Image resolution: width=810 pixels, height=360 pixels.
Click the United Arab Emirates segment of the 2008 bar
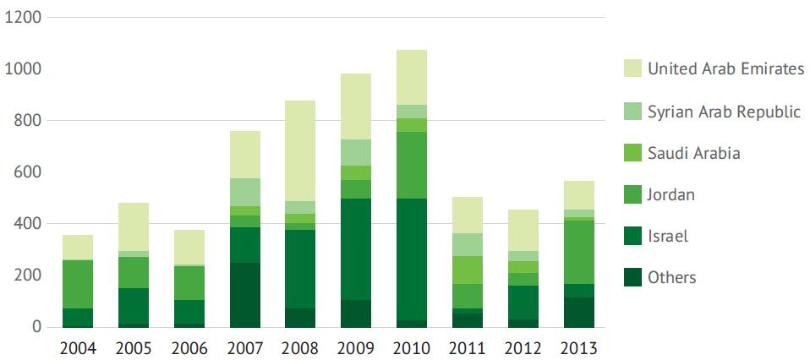tap(300, 150)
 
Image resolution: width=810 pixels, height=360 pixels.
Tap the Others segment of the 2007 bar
tap(244, 295)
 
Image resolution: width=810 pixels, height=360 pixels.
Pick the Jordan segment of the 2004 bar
tap(78, 284)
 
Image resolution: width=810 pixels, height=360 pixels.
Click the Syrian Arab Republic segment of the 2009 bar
tap(356, 152)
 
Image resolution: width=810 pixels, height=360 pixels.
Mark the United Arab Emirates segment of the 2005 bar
tap(134, 226)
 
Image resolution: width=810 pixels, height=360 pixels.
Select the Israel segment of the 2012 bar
tap(523, 302)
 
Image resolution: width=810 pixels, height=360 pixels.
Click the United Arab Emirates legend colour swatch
tap(631, 69)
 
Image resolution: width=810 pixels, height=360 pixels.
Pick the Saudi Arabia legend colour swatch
tap(631, 153)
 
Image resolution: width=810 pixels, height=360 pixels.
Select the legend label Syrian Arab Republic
tap(724, 112)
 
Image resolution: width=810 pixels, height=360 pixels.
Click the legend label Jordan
tap(671, 194)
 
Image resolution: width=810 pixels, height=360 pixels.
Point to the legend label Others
tap(672, 277)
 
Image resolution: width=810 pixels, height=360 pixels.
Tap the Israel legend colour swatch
tap(631, 236)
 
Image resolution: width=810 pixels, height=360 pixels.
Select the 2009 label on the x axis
tap(356, 348)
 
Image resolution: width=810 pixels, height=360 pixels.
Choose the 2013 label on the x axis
tap(579, 348)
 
